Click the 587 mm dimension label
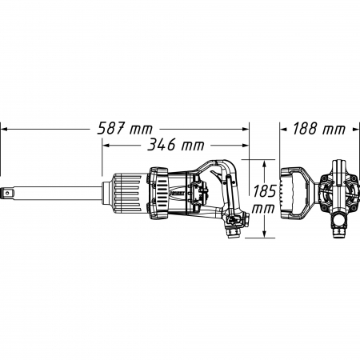125,129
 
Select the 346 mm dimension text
176,145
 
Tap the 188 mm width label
319,129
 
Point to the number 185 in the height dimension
264,191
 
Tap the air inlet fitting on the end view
339,231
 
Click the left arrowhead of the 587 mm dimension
4,129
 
